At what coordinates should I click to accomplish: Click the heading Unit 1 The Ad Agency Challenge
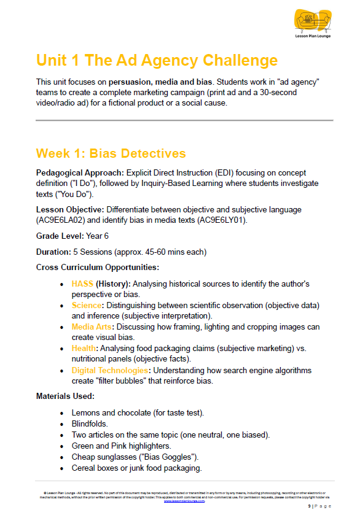(157, 60)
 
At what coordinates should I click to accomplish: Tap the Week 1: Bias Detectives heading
(111, 153)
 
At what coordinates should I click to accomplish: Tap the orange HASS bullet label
(82, 284)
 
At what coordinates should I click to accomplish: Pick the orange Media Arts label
(92, 327)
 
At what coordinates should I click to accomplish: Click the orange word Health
(84, 349)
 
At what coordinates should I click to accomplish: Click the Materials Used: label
(65, 396)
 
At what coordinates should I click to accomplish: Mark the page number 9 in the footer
(310, 506)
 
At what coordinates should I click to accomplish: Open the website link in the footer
(184, 501)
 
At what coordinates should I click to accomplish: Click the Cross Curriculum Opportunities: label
(98, 267)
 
